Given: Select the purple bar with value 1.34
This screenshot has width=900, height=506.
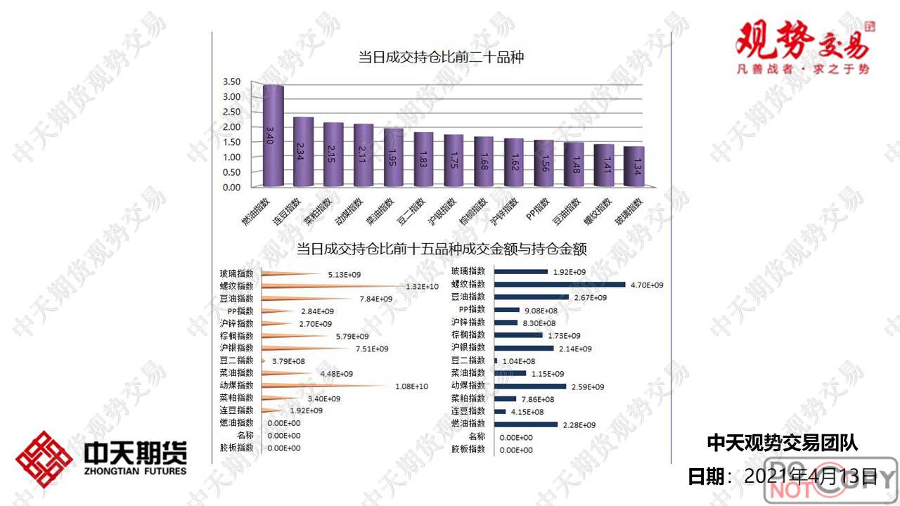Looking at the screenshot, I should (x=634, y=167).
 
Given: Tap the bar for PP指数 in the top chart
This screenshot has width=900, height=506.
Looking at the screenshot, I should (x=544, y=164).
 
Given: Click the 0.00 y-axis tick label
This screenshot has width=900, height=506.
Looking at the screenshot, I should (x=231, y=188).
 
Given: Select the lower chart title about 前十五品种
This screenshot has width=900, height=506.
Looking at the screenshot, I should (x=442, y=249).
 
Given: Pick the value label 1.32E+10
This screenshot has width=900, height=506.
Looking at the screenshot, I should (x=423, y=287).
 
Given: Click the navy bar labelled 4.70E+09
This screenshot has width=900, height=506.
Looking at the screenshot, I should (x=560, y=285).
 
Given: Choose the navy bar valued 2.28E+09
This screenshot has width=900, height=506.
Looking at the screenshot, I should (x=526, y=424).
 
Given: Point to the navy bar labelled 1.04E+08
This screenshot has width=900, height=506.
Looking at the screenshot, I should (x=496, y=361).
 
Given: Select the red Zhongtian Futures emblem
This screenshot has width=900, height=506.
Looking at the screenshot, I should (x=44, y=460).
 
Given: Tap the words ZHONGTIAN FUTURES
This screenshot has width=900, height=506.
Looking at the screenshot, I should (x=135, y=471).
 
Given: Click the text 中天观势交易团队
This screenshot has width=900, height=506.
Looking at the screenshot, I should (x=782, y=443).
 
